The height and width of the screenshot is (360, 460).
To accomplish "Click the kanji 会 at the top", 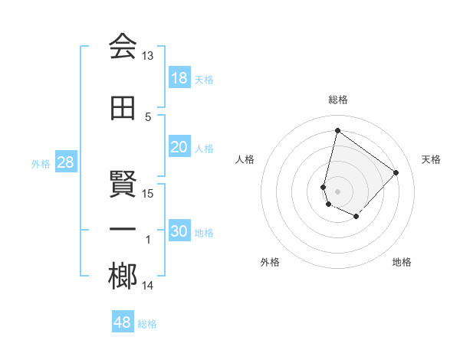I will pyautogui.click(x=123, y=47).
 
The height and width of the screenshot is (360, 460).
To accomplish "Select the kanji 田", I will pyautogui.click(x=123, y=108).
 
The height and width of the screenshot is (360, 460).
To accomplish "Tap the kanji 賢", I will pyautogui.click(x=123, y=185).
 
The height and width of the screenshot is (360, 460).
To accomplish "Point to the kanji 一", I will pyautogui.click(x=123, y=231).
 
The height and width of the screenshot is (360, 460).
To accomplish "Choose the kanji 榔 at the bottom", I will pyautogui.click(x=123, y=277).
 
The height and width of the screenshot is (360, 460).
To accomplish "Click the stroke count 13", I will pyautogui.click(x=148, y=56).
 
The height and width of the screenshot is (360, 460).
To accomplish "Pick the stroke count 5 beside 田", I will pyautogui.click(x=148, y=116).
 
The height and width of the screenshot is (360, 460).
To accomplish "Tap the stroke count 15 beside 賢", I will pyautogui.click(x=148, y=193).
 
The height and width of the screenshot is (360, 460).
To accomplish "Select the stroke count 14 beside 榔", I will pyautogui.click(x=148, y=286).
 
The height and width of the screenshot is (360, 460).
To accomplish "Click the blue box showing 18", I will pyautogui.click(x=179, y=78).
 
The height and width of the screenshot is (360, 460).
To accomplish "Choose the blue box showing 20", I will pyautogui.click(x=179, y=147).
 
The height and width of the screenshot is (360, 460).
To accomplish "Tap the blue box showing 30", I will pyautogui.click(x=179, y=231).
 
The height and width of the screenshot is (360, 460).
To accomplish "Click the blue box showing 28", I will pyautogui.click(x=65, y=162).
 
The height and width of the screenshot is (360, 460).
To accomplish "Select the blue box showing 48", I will pyautogui.click(x=123, y=322).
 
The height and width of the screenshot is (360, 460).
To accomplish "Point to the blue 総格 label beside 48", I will pyautogui.click(x=148, y=324).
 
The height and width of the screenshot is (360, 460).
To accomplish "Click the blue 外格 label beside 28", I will pyautogui.click(x=41, y=163).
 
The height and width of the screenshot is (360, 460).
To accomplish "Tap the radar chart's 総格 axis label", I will pyautogui.click(x=337, y=100).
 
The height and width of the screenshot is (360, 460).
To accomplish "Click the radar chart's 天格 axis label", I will pyautogui.click(x=431, y=159).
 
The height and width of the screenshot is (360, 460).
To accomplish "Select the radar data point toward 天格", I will pyautogui.click(x=396, y=172).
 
